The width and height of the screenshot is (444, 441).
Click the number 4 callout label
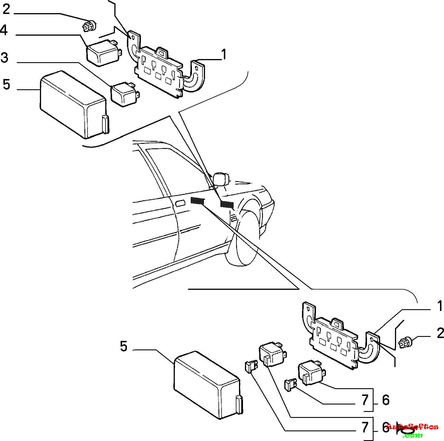(4, 30)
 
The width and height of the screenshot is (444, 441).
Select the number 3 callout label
(4, 58)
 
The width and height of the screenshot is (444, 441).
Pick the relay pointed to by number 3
(125, 94)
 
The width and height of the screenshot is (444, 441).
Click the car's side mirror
(221, 179)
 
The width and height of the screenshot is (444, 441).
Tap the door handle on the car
(180, 203)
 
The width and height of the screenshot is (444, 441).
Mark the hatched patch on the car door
(198, 201)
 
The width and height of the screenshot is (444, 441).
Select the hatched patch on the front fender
(227, 204)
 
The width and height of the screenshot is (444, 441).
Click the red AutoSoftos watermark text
(412, 427)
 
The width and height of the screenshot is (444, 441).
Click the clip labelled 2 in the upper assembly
(89, 26)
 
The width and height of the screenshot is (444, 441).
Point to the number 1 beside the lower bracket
(440, 306)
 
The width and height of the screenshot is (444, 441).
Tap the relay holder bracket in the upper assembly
(165, 67)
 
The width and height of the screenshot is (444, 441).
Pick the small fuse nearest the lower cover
(251, 367)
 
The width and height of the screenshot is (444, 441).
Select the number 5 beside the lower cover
(123, 346)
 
